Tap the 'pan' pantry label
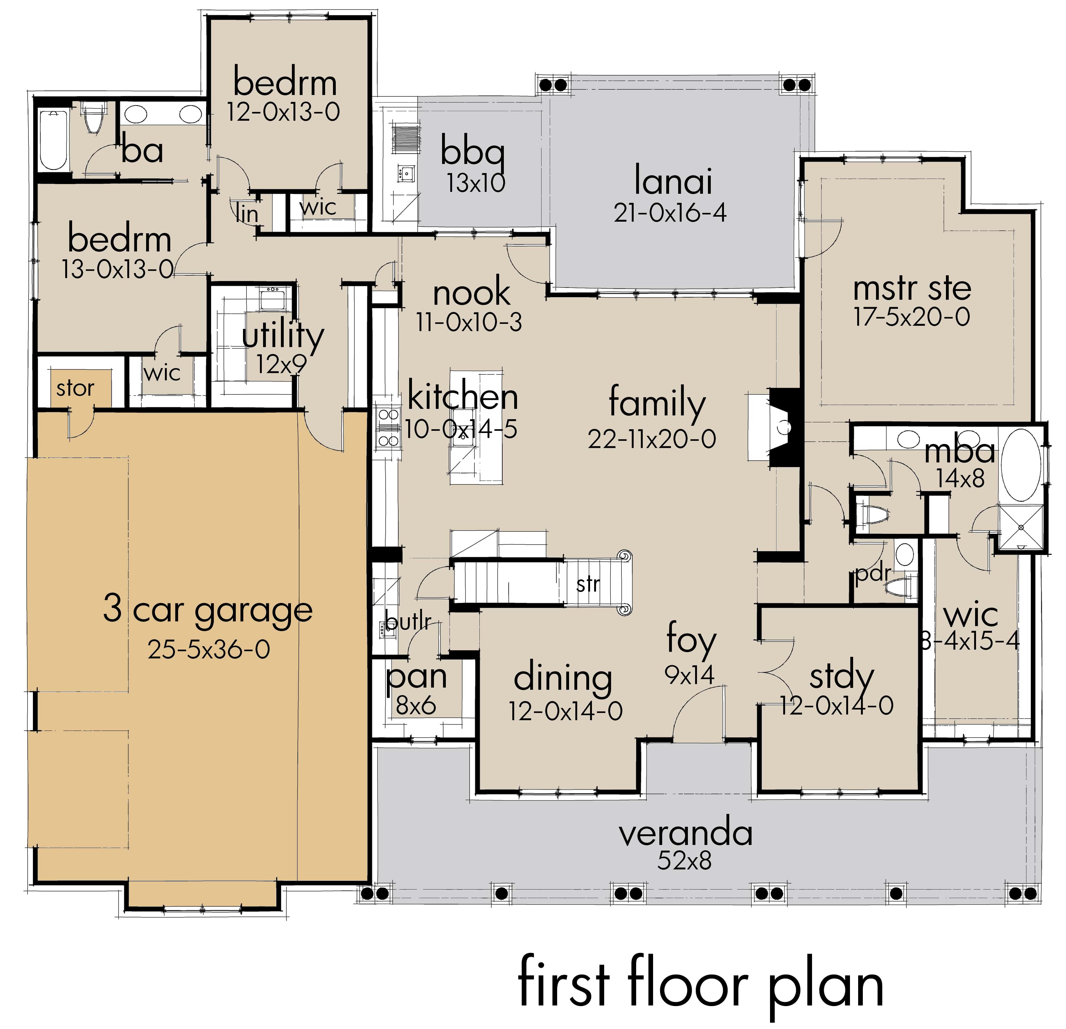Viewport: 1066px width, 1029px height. pos(416,678)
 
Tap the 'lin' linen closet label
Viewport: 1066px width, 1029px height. pos(247,213)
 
